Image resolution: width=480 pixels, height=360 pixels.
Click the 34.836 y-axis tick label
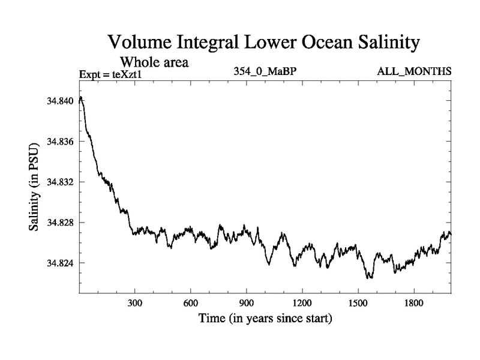(59, 142)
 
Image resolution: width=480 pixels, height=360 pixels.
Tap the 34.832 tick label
(59, 182)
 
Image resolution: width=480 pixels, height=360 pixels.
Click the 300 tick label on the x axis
(135, 302)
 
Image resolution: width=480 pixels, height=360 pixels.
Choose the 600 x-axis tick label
(191, 302)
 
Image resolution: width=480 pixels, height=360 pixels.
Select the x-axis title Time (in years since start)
(265, 318)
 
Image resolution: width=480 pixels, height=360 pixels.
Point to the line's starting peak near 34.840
(81, 97)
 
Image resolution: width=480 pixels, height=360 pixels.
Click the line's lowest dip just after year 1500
(370, 278)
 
